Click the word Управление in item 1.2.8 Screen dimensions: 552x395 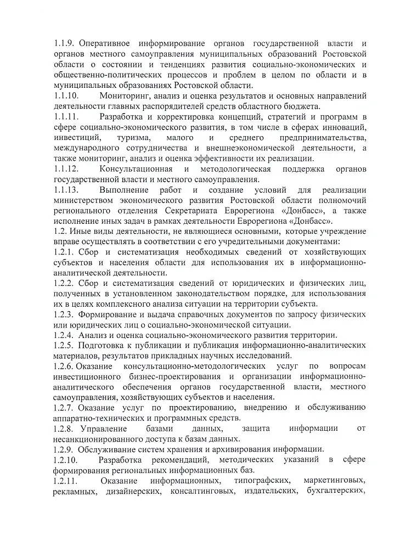click(104, 429)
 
